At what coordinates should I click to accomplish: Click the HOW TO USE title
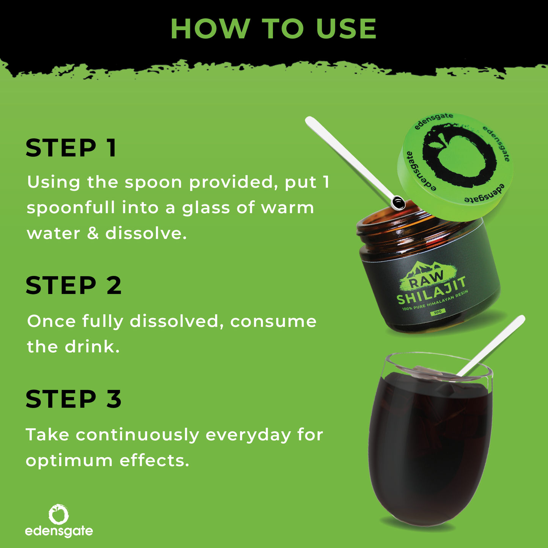point(273,28)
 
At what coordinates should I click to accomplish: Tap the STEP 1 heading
point(71,148)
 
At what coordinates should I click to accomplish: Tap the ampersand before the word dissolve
point(93,234)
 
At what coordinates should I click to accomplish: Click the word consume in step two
point(273,322)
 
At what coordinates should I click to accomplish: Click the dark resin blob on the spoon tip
point(398,203)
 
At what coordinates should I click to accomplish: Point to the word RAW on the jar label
point(426,280)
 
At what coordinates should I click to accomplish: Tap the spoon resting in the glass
point(491,345)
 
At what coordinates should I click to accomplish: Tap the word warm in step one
point(287,208)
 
